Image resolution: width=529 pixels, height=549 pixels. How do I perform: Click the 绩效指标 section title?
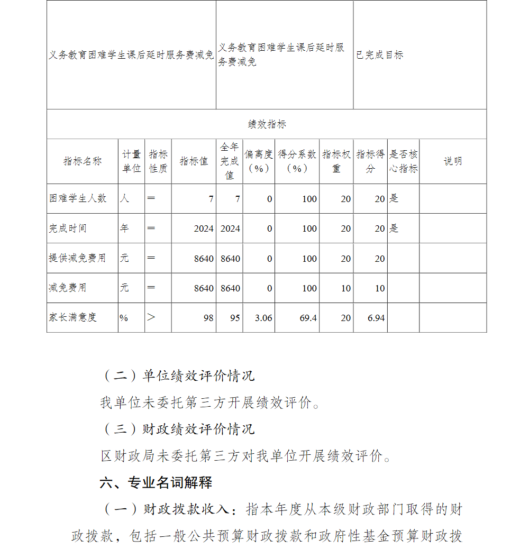(x=267, y=125)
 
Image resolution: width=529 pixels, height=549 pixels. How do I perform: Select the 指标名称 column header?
(x=83, y=161)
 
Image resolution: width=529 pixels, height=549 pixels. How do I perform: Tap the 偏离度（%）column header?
(x=259, y=161)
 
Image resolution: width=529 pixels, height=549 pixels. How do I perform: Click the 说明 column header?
(x=452, y=161)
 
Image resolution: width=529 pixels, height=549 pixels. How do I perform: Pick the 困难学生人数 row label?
(x=78, y=198)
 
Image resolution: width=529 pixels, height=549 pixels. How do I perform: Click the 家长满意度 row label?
(x=73, y=317)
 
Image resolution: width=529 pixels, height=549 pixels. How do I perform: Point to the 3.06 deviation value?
(x=263, y=318)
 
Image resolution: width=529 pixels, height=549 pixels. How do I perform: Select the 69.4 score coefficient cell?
(x=308, y=318)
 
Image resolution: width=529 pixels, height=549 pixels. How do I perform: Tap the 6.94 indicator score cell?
(x=376, y=318)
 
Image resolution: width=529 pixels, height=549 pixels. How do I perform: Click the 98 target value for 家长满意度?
(x=208, y=318)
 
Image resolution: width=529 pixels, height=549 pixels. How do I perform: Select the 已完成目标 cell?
(x=380, y=55)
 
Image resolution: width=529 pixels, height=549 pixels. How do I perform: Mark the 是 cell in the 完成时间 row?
(x=394, y=228)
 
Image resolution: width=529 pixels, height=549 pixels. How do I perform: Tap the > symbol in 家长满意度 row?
(x=151, y=317)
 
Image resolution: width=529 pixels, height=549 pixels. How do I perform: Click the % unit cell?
(x=124, y=318)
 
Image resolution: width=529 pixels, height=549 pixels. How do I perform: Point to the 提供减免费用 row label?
(x=78, y=258)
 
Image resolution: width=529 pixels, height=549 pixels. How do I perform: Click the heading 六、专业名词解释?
(x=156, y=482)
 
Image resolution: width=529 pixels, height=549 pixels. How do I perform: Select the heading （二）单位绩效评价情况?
(x=178, y=376)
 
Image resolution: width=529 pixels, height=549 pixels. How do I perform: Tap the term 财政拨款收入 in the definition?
(x=186, y=509)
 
